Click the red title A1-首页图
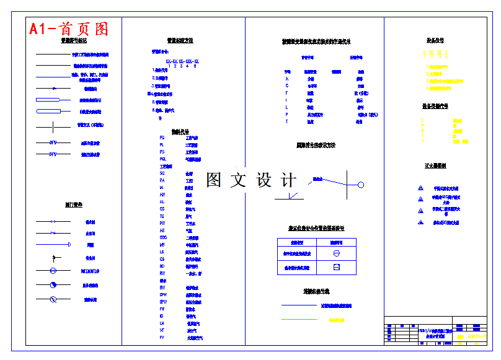point(68,29)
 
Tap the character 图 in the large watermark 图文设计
point(214,180)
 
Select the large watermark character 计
point(288,180)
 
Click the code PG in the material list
point(162,138)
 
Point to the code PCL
point(162,159)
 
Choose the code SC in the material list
point(162,173)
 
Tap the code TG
point(162,216)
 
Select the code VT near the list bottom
point(162,330)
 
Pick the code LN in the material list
point(162,323)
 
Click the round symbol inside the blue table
point(336,253)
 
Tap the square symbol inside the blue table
point(336,267)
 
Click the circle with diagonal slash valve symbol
point(53,299)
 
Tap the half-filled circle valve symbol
point(53,285)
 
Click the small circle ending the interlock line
point(361,185)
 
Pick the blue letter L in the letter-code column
point(287,107)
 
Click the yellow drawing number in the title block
point(477,336)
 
